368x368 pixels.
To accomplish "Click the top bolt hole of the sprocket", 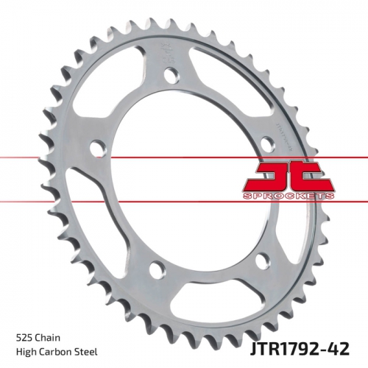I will coord(170,74).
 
